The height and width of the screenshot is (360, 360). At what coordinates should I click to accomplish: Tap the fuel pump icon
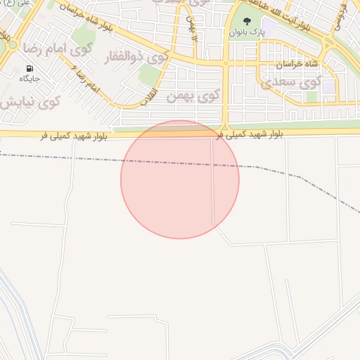(30, 68)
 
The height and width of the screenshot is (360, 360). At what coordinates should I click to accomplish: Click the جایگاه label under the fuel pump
(30, 79)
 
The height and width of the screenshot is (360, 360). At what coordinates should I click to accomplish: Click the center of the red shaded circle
(180, 179)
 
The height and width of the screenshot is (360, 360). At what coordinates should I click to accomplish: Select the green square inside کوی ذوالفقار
(148, 75)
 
